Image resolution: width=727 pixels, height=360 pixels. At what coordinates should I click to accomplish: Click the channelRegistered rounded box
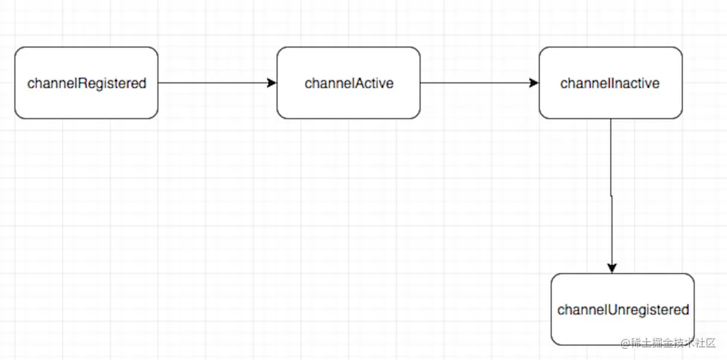click(x=86, y=83)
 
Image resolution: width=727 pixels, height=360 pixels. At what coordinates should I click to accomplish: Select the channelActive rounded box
click(x=349, y=83)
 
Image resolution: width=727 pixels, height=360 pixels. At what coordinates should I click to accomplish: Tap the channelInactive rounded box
click(x=610, y=83)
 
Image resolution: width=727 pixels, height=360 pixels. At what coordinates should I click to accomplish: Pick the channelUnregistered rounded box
click(x=623, y=309)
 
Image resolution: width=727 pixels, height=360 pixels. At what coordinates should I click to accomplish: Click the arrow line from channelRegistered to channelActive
click(x=218, y=83)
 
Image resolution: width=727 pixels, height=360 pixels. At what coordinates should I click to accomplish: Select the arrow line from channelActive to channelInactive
click(x=480, y=83)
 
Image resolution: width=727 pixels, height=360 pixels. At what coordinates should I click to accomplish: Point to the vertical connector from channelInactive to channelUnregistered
click(x=611, y=196)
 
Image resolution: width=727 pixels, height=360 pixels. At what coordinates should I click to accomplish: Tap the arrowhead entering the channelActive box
click(x=272, y=83)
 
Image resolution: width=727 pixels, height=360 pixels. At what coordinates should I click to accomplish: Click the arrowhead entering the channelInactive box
click(x=534, y=83)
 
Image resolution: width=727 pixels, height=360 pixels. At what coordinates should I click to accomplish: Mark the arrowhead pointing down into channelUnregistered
click(x=612, y=268)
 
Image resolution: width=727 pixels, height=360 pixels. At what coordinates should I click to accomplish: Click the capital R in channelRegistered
click(x=82, y=83)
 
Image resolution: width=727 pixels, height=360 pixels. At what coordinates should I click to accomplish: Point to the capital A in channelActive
click(x=359, y=83)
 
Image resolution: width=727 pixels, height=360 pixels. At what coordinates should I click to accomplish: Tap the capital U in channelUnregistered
click(x=613, y=310)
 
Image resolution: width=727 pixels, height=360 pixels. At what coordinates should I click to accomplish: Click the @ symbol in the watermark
click(x=625, y=343)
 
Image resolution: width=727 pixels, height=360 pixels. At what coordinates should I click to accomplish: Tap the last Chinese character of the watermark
click(x=710, y=343)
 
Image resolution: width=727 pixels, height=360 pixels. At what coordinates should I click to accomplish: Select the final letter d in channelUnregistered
click(x=685, y=310)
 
